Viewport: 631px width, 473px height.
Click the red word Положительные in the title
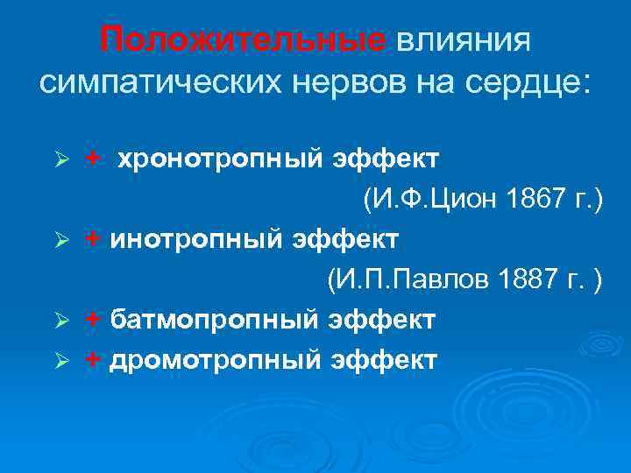tap(242, 39)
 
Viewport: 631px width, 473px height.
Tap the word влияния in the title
tap(464, 39)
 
